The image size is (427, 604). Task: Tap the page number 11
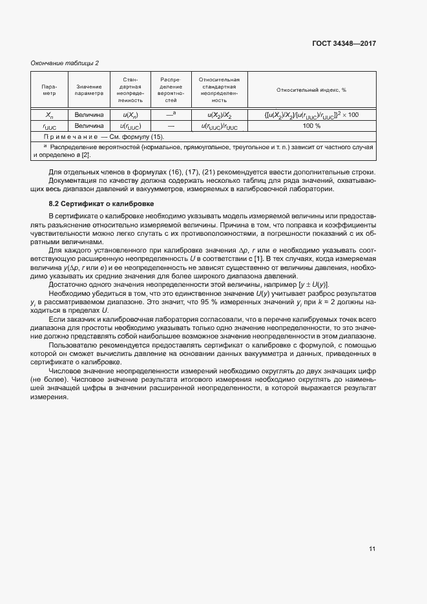pos(372,549)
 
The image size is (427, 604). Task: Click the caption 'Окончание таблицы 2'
pos(65,63)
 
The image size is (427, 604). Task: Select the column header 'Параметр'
pos(49,90)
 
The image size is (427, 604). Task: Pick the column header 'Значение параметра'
pos(89,90)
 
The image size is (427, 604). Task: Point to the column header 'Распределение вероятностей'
pos(171,90)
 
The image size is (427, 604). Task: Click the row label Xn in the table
pos(49,115)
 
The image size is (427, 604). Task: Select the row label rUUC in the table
pos(49,127)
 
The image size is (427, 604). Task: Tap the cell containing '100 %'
pos(311,126)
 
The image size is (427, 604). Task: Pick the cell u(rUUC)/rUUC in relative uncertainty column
pos(219,127)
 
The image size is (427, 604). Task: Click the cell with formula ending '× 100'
pos(311,115)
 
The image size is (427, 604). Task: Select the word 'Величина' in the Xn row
pos(89,115)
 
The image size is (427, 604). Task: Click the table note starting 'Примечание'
pos(103,137)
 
